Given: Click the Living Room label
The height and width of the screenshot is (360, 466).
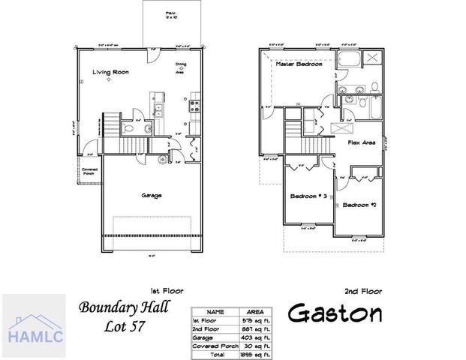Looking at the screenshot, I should pyautogui.click(x=107, y=72).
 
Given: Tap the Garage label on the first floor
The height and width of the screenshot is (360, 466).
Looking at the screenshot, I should pyautogui.click(x=152, y=195).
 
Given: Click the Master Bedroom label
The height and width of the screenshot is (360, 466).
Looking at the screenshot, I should pyautogui.click(x=299, y=64).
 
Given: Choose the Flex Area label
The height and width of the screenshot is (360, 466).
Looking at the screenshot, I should pyautogui.click(x=362, y=141).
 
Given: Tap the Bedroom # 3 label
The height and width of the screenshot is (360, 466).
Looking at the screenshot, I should pyautogui.click(x=308, y=196).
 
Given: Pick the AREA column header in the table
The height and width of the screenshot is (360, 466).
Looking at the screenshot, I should pyautogui.click(x=255, y=310).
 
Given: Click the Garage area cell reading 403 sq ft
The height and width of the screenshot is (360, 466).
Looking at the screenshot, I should pyautogui.click(x=255, y=336).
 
